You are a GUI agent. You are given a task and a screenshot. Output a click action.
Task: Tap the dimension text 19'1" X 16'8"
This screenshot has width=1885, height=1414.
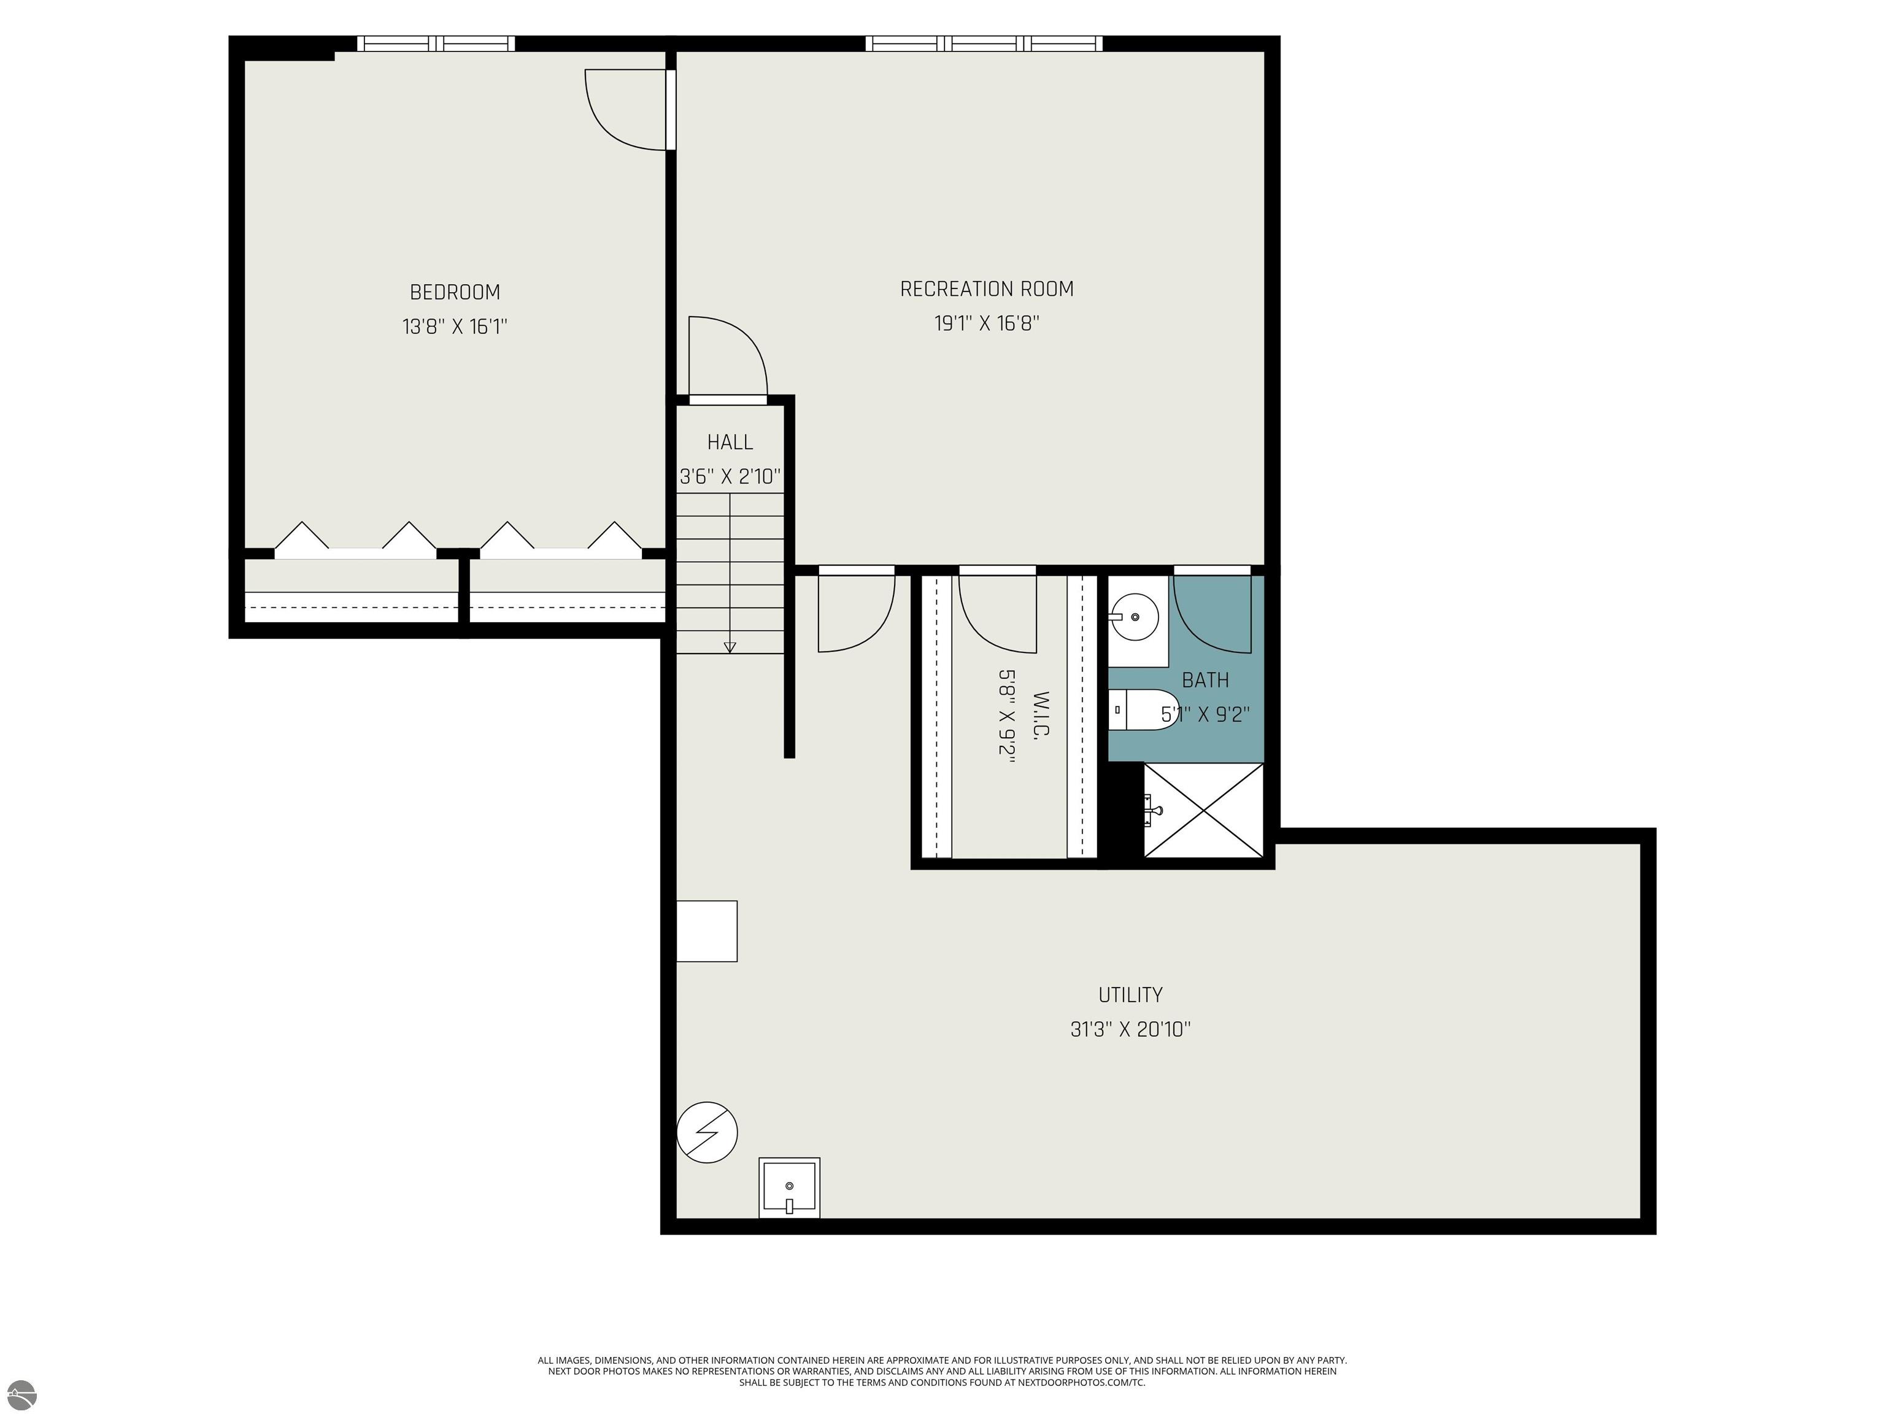click(987, 324)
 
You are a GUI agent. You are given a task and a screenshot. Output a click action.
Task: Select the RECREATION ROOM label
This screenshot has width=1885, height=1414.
click(987, 289)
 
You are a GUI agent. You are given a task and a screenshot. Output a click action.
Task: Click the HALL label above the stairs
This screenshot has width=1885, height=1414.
click(730, 442)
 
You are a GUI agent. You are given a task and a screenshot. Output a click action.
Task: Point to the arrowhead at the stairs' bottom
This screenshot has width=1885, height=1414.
click(730, 647)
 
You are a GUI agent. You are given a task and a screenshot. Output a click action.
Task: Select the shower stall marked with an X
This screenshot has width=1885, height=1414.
click(1203, 809)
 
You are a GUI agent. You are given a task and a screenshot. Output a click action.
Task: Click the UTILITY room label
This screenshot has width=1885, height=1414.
click(1130, 995)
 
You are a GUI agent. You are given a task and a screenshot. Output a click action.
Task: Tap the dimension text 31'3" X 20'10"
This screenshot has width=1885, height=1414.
click(1130, 1030)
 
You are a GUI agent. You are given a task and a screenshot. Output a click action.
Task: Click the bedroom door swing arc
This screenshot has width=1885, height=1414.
click(622, 111)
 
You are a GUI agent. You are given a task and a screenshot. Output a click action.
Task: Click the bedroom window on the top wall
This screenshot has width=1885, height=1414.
click(436, 44)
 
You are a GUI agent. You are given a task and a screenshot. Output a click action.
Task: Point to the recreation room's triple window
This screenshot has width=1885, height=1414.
click(984, 44)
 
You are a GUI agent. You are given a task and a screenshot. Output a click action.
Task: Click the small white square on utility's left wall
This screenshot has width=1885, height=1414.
click(706, 931)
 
